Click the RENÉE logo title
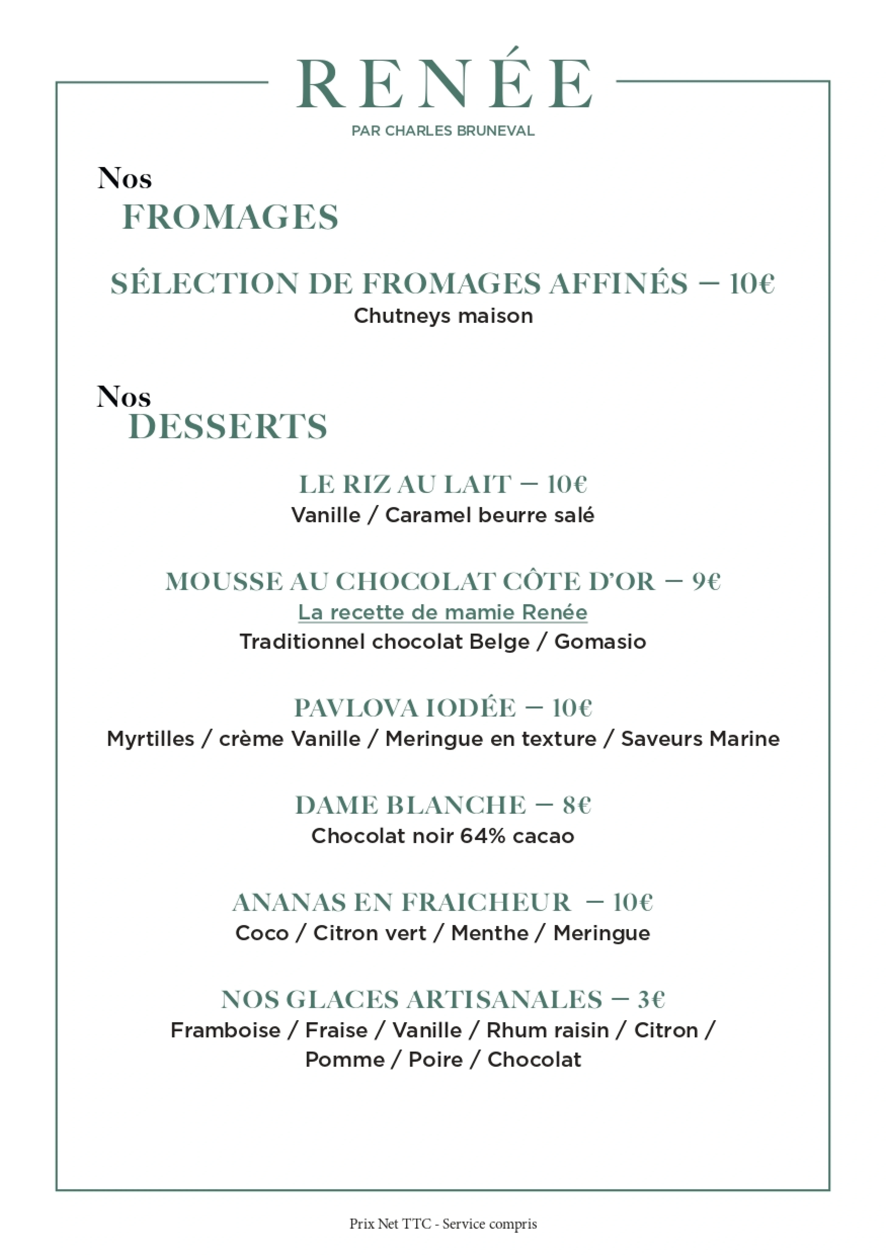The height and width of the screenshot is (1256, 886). click(443, 85)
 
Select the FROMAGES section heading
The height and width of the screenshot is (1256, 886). click(230, 217)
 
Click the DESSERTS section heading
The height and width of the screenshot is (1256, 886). click(228, 427)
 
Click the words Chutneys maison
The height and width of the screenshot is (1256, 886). click(443, 316)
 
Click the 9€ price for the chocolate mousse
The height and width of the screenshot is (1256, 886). click(707, 581)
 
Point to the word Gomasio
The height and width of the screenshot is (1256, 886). click(600, 642)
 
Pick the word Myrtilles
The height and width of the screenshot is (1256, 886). click(151, 739)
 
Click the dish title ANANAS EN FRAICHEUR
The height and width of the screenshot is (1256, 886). click(402, 903)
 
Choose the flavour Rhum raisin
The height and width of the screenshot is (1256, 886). click(547, 1031)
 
